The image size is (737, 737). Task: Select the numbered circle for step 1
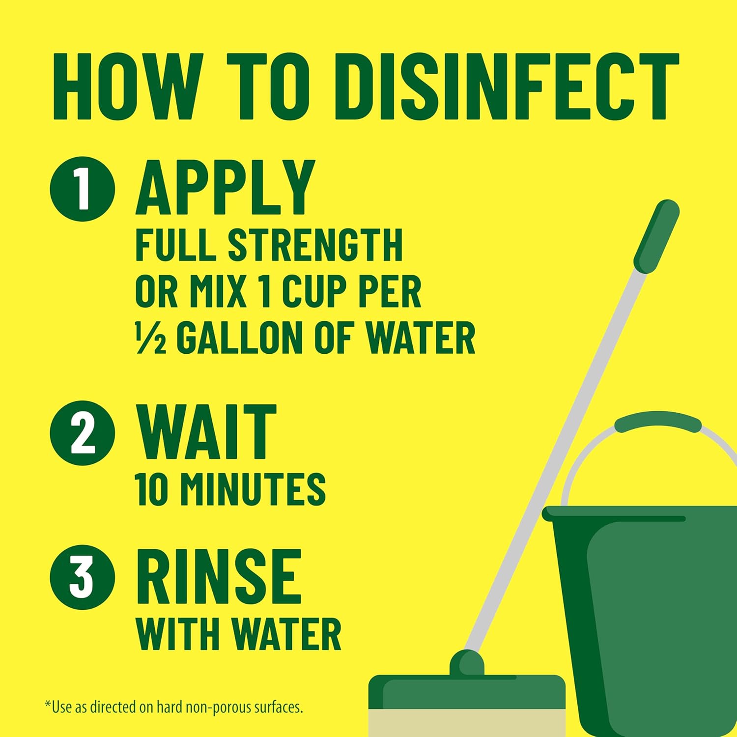83,189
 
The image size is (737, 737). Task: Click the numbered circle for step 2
83,433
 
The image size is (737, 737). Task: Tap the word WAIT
206,432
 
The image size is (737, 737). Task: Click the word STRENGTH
315,245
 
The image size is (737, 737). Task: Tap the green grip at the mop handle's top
656,236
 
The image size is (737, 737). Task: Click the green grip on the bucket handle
657,422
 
